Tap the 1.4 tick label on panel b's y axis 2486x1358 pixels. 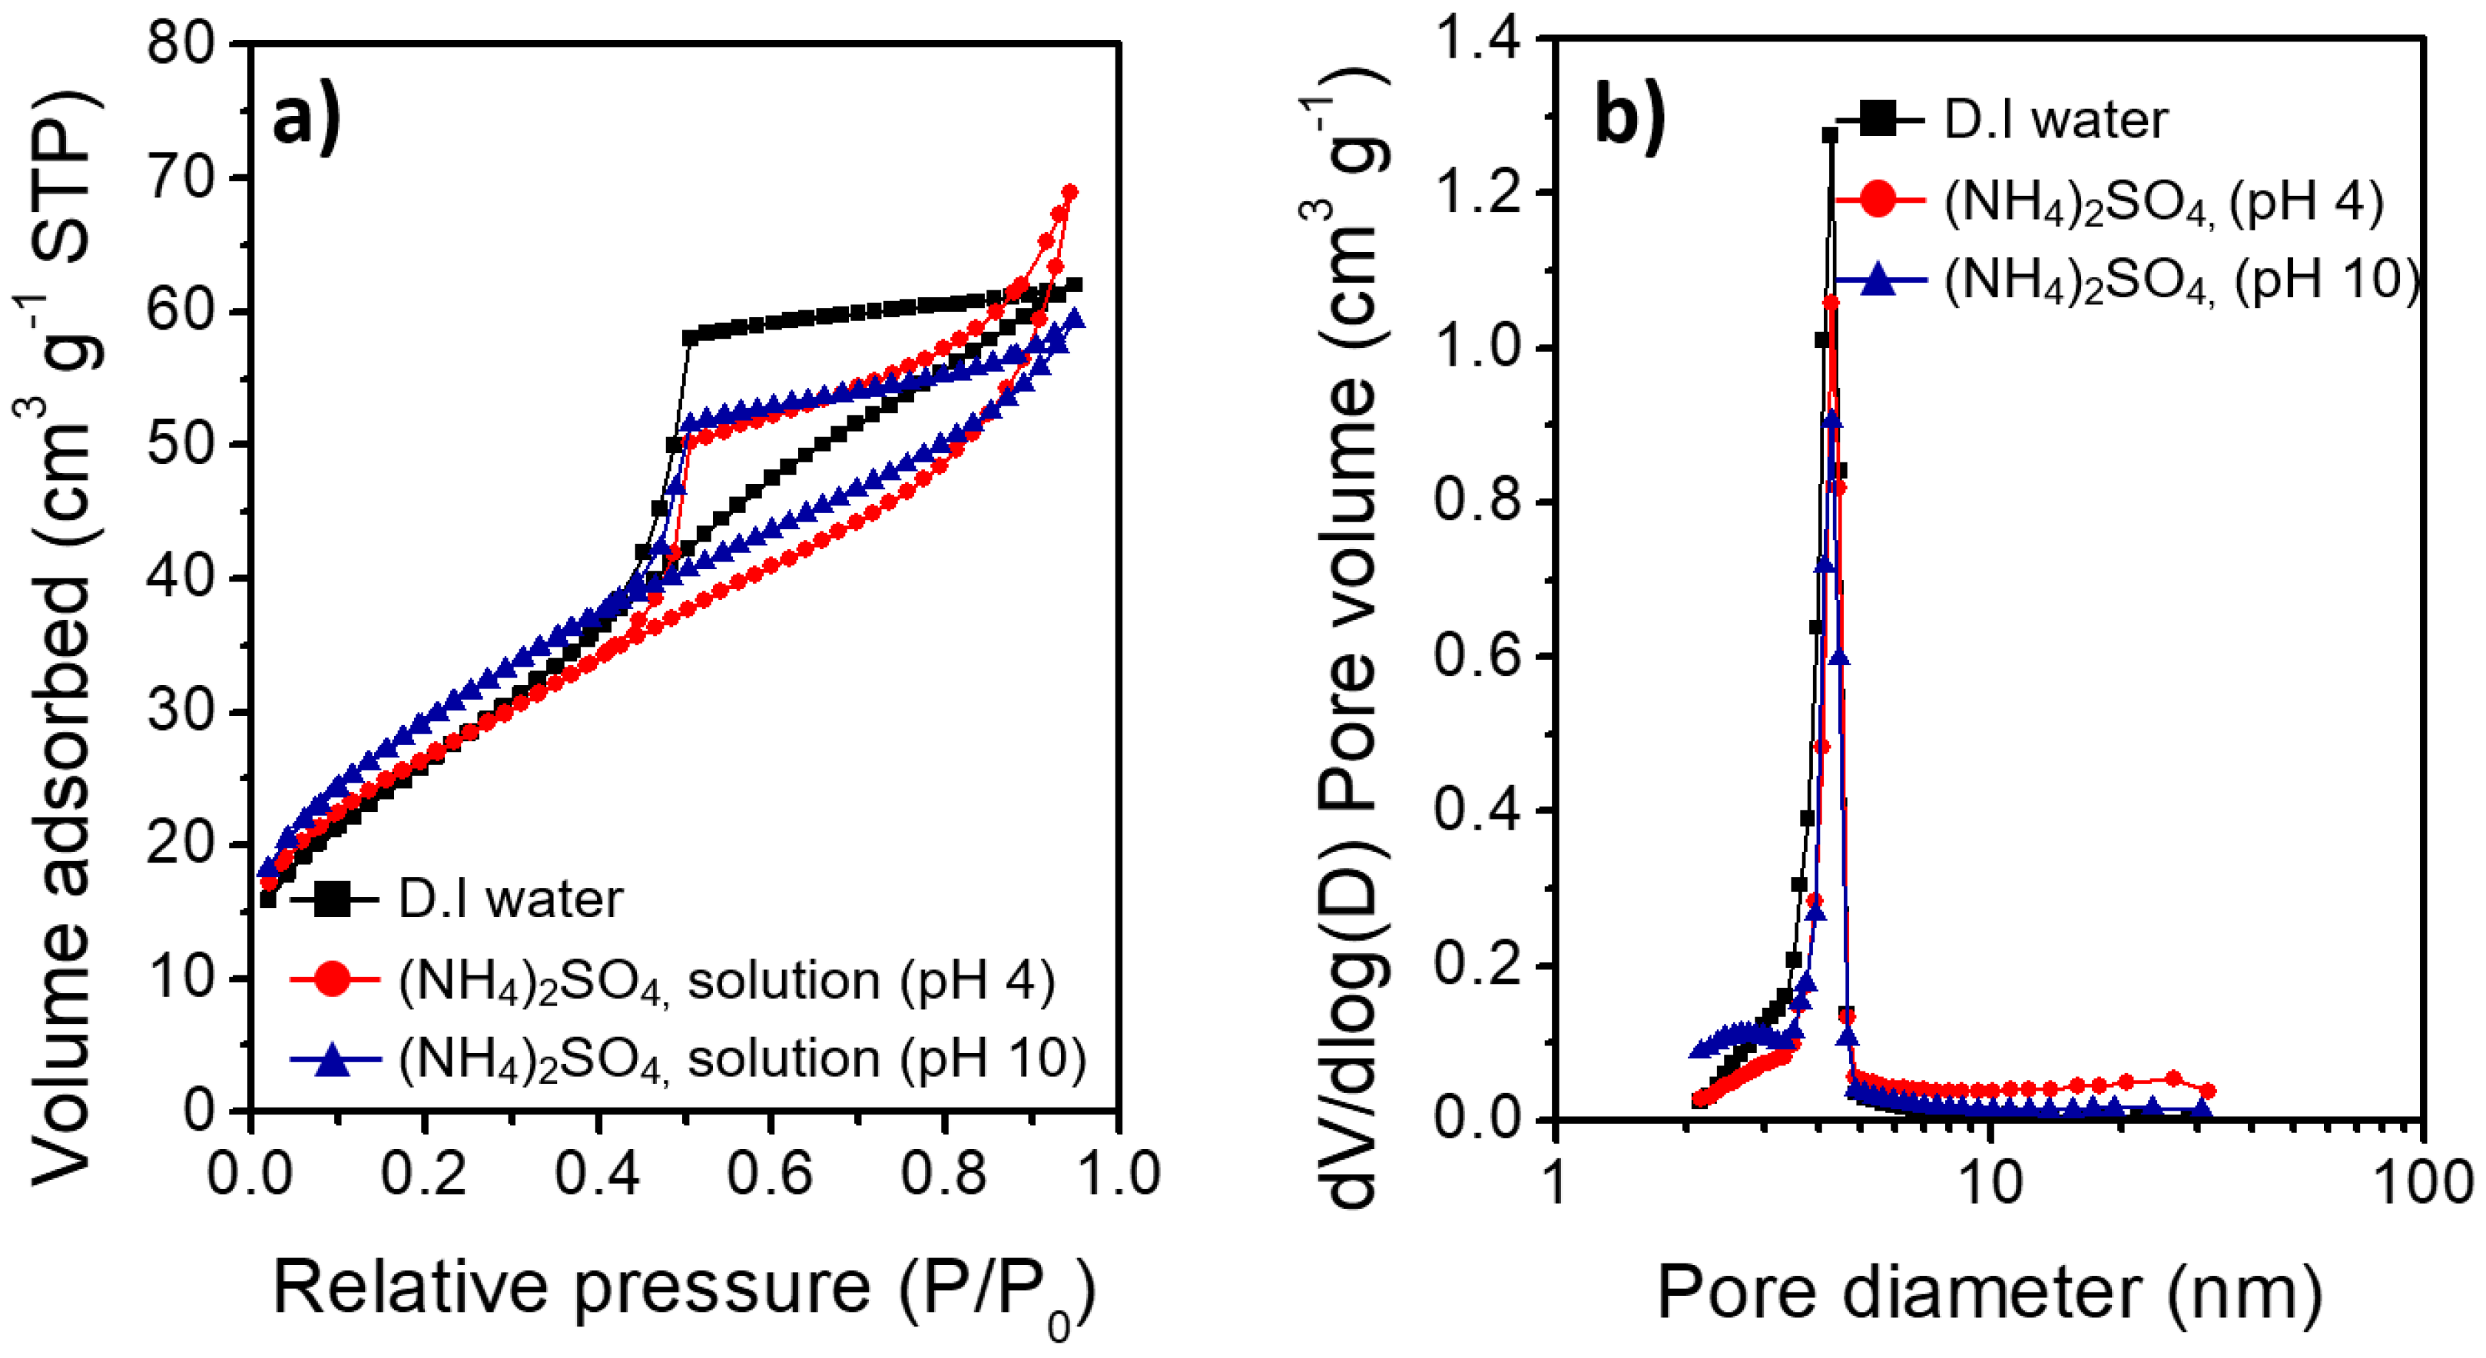(1477, 41)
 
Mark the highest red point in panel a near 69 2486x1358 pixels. (1069, 192)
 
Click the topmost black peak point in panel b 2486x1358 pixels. (1830, 135)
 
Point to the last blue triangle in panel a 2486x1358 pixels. (1074, 320)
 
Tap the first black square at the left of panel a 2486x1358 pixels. (268, 899)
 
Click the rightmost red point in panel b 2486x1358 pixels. (2208, 1091)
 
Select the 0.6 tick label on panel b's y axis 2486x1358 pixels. (1477, 655)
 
